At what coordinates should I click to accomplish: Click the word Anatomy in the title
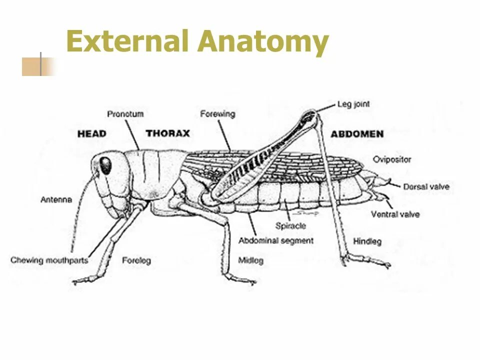263,42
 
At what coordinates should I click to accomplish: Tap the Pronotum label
125,114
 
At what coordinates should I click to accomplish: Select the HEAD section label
92,133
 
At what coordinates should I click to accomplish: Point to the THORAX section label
168,133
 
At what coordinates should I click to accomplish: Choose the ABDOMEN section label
357,134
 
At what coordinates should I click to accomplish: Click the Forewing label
217,114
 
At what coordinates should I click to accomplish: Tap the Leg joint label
353,104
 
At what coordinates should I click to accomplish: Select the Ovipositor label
392,159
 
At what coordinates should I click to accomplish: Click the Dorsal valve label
426,186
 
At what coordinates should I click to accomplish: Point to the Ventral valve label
395,214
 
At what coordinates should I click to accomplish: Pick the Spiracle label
290,226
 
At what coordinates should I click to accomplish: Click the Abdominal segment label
276,240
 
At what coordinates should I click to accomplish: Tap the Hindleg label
367,241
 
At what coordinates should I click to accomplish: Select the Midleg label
250,260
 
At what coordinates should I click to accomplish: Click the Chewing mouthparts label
49,260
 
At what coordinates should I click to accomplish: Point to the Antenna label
56,199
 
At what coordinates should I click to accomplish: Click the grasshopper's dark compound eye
106,165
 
